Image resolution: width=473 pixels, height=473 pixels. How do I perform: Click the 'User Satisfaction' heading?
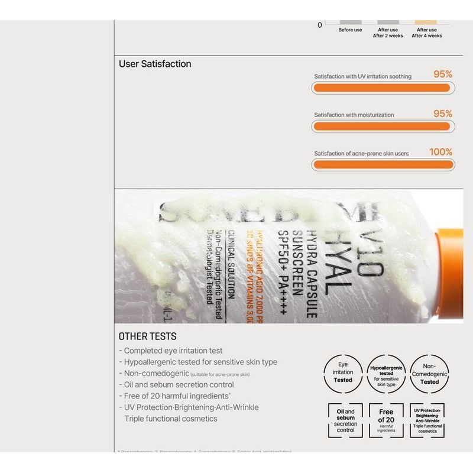pyautogui.click(x=155, y=64)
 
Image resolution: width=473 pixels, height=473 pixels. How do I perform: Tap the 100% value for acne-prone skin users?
pyautogui.click(x=440, y=152)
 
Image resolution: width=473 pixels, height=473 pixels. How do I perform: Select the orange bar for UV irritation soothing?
pyautogui.click(x=382, y=88)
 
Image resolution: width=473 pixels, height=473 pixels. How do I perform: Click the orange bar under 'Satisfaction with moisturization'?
pyautogui.click(x=382, y=126)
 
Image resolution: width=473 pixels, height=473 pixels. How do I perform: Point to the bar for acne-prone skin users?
pyautogui.click(x=382, y=164)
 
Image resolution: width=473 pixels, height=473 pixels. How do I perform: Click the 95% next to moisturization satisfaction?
pyautogui.click(x=442, y=114)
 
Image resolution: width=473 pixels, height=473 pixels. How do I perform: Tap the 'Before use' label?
pyautogui.click(x=350, y=30)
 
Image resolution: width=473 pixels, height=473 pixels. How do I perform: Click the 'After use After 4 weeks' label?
pyautogui.click(x=426, y=33)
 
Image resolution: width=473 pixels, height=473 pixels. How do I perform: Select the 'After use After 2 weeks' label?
pyautogui.click(x=388, y=33)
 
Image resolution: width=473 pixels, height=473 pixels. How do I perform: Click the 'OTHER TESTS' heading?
pyautogui.click(x=147, y=336)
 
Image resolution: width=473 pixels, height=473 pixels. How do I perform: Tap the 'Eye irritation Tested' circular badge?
pyautogui.click(x=343, y=373)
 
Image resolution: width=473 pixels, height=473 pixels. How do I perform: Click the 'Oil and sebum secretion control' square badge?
pyautogui.click(x=345, y=420)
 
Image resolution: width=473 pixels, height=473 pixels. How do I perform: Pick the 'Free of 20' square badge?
pyautogui.click(x=386, y=420)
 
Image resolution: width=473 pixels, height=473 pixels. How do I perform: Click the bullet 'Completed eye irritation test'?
pyautogui.click(x=171, y=351)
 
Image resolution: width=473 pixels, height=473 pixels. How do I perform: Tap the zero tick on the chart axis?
pyautogui.click(x=320, y=25)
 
